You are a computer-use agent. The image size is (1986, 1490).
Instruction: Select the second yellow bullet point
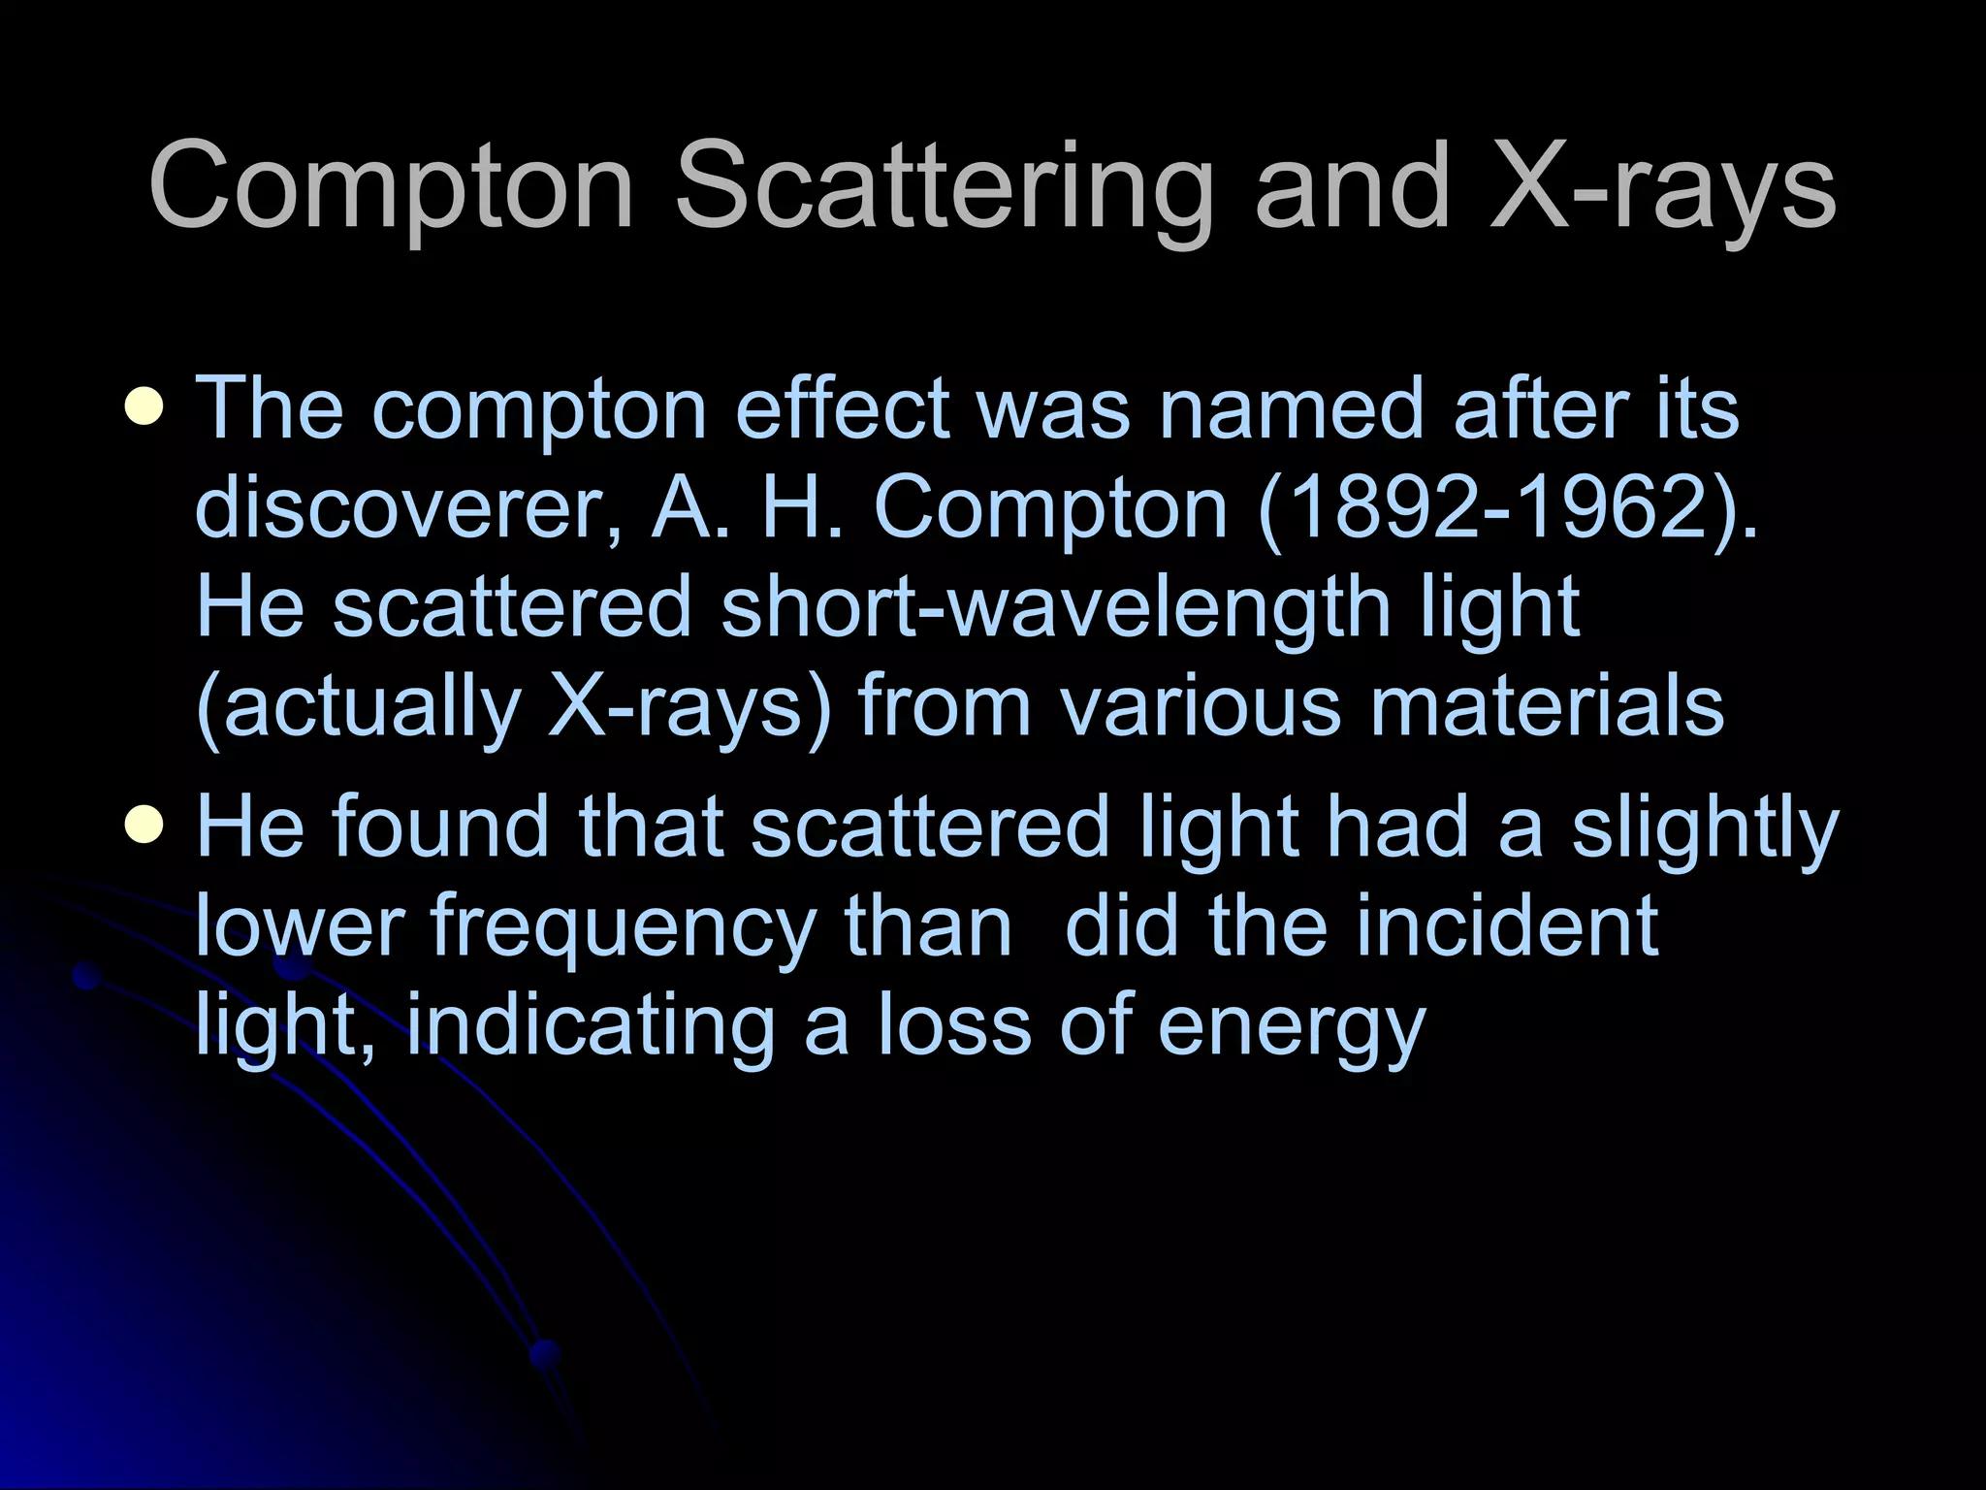[x=144, y=826]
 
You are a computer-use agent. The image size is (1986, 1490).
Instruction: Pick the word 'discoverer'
[x=407, y=508]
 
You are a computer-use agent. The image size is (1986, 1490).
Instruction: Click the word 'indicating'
[x=591, y=1026]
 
